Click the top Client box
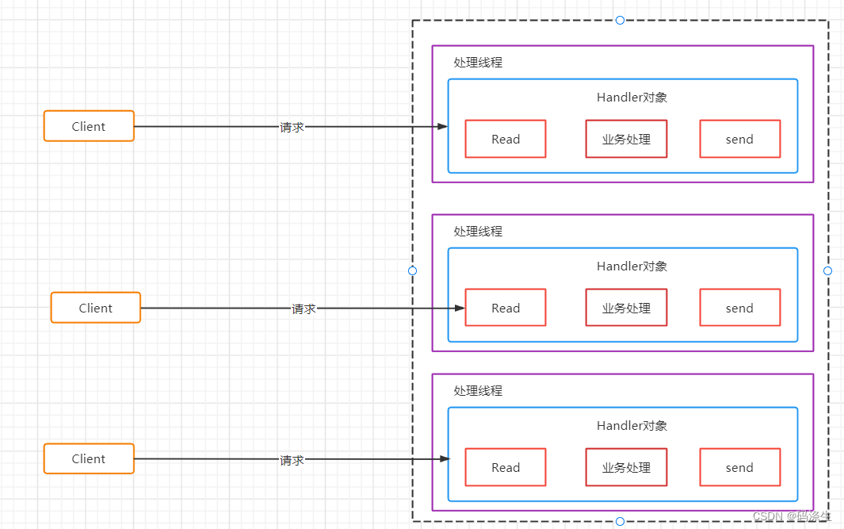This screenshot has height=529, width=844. pos(89,126)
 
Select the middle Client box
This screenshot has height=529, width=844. pos(96,308)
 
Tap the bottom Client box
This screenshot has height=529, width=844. pos(89,458)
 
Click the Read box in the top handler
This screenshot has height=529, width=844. pos(506,140)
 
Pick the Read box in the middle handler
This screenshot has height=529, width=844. pos(506,308)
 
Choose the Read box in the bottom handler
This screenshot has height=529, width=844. pos(506,467)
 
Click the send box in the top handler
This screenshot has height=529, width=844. pos(739,140)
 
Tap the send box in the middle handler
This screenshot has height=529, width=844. pos(739,308)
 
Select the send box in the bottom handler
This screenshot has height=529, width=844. pos(739,467)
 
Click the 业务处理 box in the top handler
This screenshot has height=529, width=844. pos(626,140)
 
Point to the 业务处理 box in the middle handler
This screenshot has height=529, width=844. pos(626,308)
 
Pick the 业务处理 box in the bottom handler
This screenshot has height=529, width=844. pos(626,467)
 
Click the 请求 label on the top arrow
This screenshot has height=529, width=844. pos(292,127)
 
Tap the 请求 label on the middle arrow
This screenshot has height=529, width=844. pos(304,309)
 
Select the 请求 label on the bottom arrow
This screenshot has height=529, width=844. pos(292,459)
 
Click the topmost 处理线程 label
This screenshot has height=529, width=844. pos(478,62)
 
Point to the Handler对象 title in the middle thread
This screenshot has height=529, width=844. pos(632,266)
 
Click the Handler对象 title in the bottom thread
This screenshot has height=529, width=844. pos(632,426)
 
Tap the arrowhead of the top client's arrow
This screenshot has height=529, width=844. pos(444,126)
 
